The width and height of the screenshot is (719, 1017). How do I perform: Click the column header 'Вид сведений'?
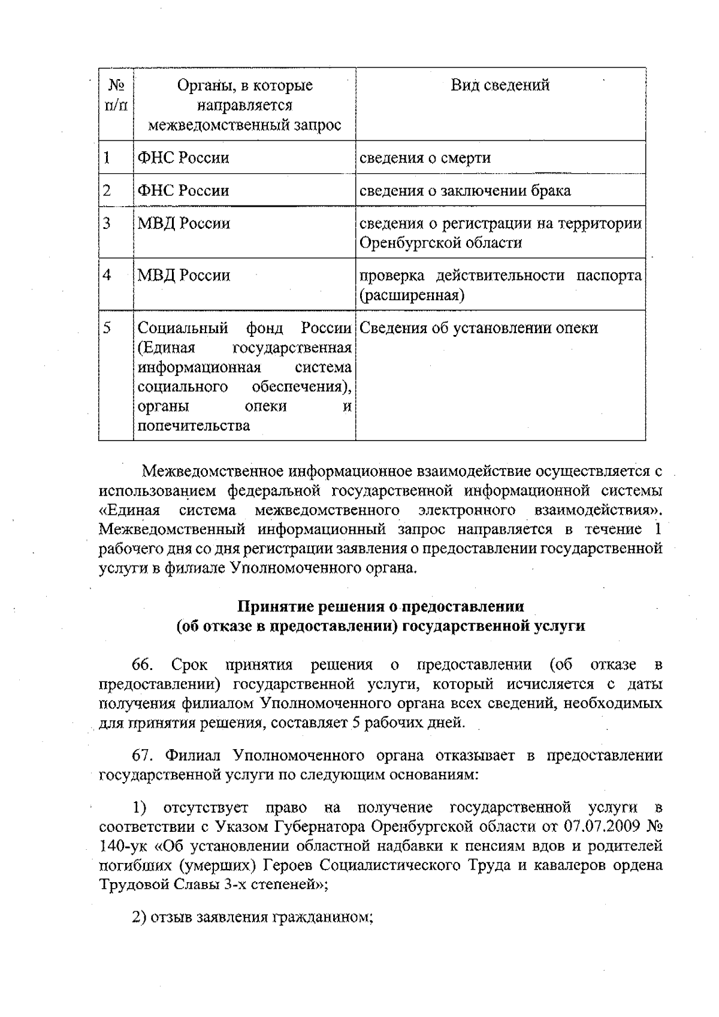click(500, 85)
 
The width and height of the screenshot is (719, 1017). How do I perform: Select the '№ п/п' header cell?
click(116, 95)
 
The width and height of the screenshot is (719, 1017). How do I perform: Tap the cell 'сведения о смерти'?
click(425, 158)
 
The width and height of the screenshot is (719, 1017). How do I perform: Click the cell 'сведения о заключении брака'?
click(465, 191)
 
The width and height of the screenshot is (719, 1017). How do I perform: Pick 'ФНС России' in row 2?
click(183, 191)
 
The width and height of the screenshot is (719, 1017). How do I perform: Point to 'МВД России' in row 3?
click(184, 224)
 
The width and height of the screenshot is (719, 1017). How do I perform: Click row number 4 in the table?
click(107, 275)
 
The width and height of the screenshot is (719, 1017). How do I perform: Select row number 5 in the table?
click(107, 328)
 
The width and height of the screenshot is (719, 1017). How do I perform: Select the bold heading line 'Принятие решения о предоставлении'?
click(381, 606)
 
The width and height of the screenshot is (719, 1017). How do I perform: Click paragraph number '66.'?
click(143, 665)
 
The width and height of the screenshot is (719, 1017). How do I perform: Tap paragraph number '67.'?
click(144, 755)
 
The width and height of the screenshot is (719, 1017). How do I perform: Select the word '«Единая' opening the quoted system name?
click(129, 510)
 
